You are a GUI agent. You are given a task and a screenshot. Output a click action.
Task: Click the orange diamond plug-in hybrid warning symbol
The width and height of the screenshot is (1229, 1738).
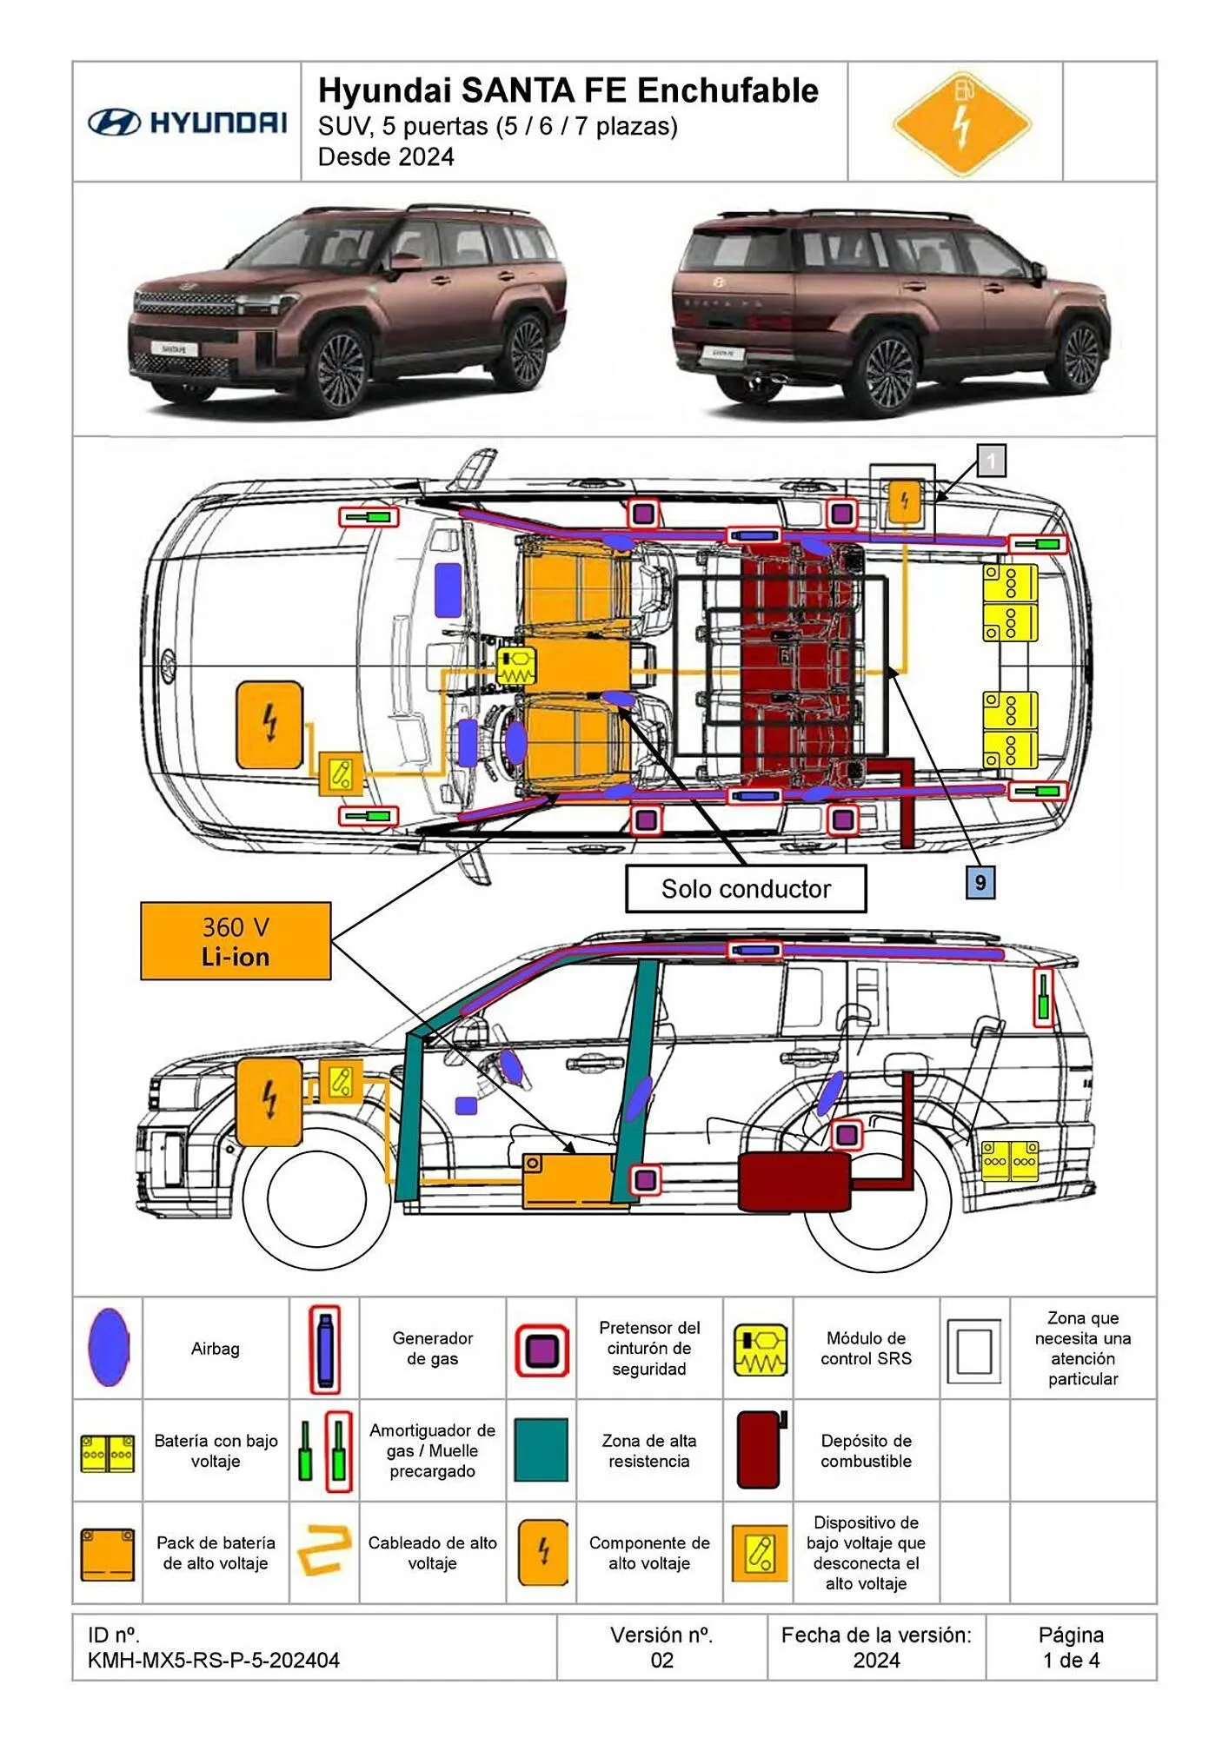click(961, 123)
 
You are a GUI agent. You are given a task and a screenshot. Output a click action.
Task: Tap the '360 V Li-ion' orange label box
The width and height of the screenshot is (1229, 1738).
click(236, 941)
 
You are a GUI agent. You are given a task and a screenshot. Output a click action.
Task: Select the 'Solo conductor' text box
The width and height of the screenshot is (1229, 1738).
click(746, 888)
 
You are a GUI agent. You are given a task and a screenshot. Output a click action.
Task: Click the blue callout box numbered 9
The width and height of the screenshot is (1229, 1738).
click(980, 883)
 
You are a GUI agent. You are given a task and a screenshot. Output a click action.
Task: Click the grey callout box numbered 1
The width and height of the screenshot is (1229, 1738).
click(991, 461)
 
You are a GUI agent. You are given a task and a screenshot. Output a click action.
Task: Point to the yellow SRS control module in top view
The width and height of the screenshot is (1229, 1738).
click(516, 667)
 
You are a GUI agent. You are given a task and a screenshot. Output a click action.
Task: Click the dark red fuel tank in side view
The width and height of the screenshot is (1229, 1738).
click(794, 1181)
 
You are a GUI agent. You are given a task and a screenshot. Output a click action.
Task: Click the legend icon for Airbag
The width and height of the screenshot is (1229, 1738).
click(108, 1348)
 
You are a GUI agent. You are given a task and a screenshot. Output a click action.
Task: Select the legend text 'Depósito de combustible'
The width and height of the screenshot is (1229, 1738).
click(866, 1450)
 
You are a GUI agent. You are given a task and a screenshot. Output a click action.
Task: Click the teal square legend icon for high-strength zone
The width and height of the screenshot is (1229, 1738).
click(541, 1450)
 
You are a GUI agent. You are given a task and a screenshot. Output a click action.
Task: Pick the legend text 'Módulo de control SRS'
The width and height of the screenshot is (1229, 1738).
click(866, 1348)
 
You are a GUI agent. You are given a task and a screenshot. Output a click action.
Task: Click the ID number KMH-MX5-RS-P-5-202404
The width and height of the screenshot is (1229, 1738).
click(213, 1661)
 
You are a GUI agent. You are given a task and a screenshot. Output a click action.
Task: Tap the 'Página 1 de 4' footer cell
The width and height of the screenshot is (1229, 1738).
click(1071, 1648)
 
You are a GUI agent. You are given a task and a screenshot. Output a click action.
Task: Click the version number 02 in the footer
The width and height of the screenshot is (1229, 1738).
click(661, 1661)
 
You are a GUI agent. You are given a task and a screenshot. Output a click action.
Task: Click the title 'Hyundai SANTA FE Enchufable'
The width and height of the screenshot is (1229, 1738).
click(568, 90)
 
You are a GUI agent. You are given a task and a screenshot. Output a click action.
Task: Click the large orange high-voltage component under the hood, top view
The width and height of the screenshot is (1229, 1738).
click(269, 725)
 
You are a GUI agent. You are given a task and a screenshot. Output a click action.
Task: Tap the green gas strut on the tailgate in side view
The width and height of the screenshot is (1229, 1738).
click(1042, 998)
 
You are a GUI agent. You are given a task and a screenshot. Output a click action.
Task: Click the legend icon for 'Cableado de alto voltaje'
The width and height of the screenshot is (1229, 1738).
click(323, 1552)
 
